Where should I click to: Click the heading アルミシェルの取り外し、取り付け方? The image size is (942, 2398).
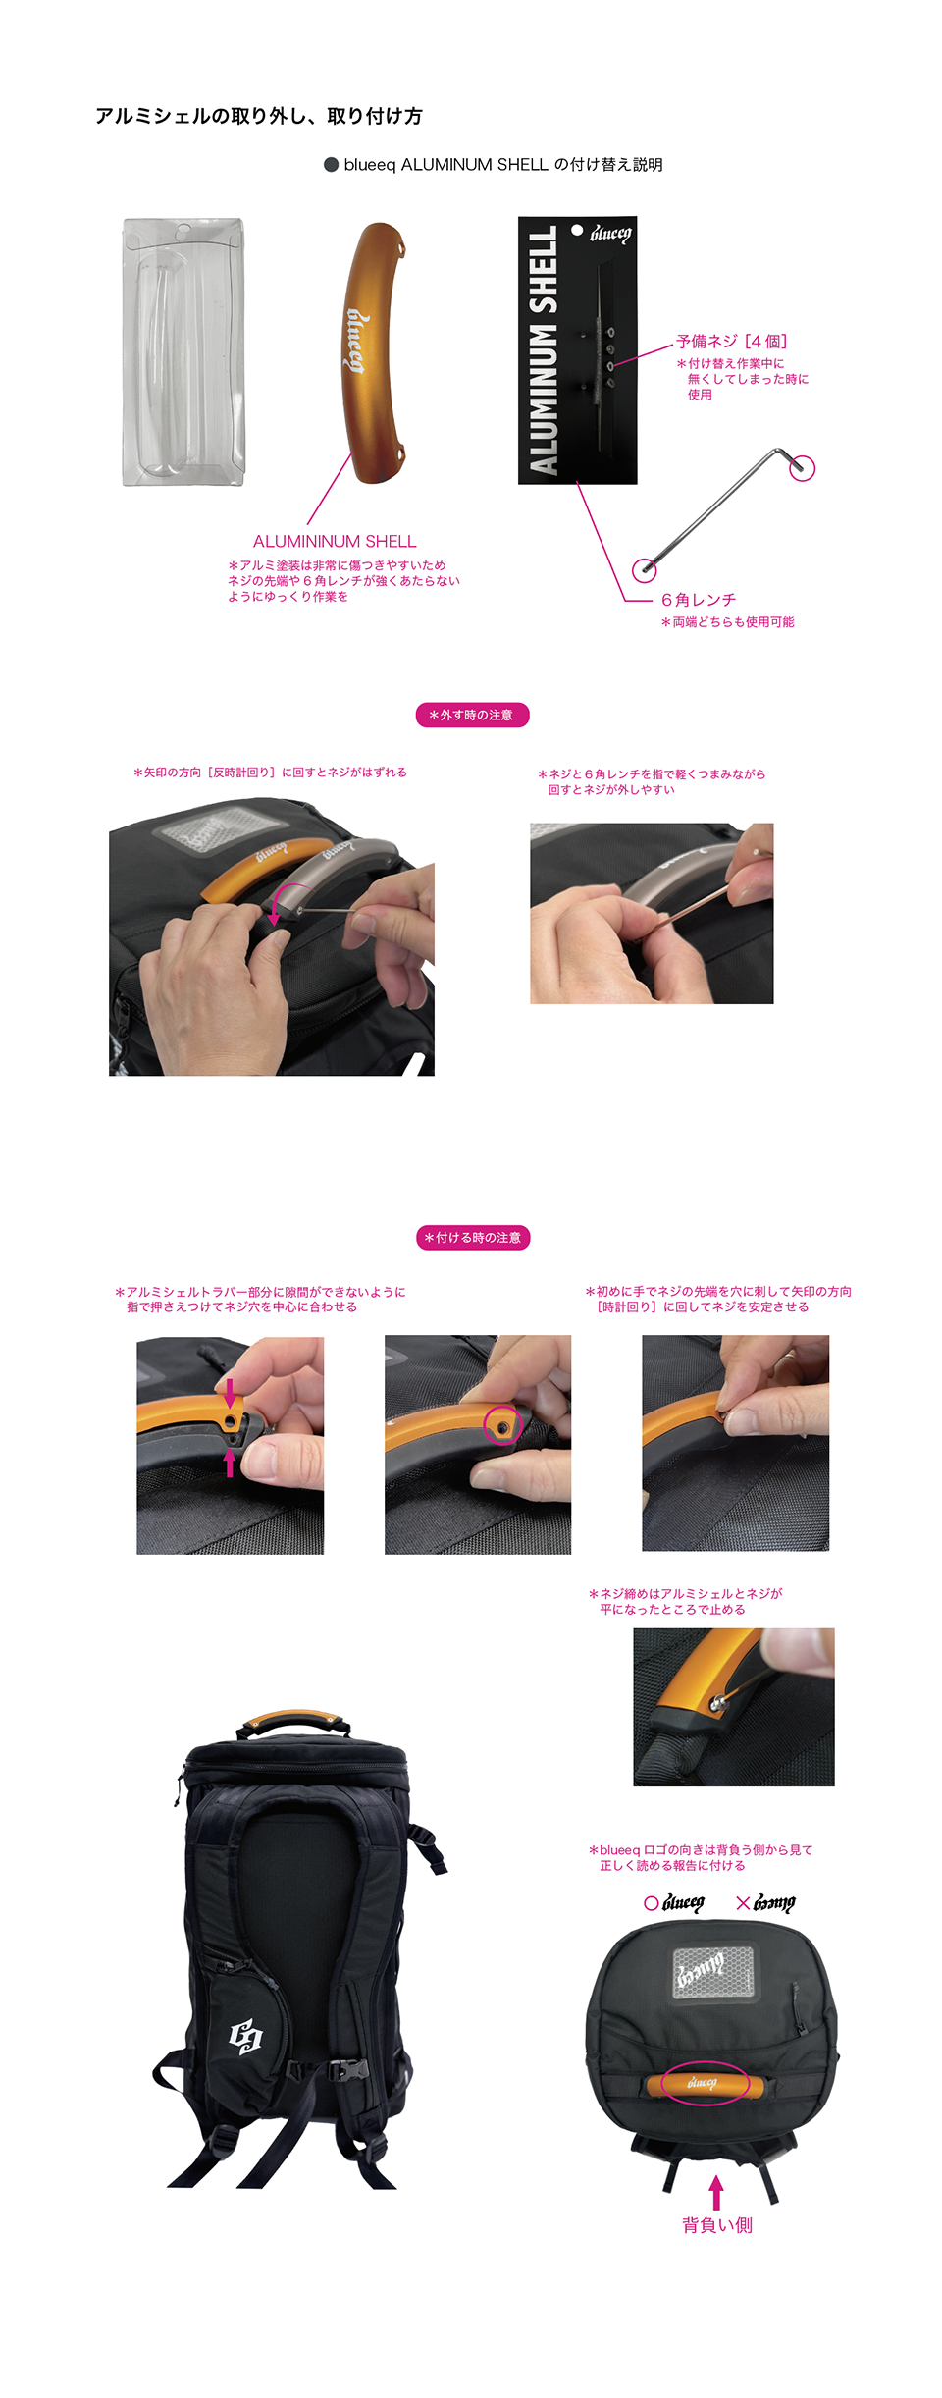[259, 116]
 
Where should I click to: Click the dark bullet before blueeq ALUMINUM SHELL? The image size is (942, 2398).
[332, 165]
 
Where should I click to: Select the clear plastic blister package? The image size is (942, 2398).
[183, 352]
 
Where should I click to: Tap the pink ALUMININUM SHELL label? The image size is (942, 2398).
[335, 541]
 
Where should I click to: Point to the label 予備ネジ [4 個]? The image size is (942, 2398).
[731, 342]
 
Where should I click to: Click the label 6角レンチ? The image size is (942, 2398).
[699, 600]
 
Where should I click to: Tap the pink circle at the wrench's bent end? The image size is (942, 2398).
[803, 468]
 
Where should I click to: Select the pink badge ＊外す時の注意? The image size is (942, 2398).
[472, 715]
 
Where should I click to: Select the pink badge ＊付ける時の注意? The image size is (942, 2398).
[473, 1238]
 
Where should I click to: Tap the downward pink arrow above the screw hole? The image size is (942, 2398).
[230, 1393]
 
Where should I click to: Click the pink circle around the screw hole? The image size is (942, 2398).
[501, 1425]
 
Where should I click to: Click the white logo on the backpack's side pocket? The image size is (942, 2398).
[246, 2037]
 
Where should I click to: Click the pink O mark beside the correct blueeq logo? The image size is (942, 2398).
[651, 1903]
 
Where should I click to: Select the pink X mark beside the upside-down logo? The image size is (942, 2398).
[743, 1903]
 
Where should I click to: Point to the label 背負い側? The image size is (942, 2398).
[717, 2225]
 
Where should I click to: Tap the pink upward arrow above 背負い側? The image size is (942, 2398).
[716, 2193]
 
